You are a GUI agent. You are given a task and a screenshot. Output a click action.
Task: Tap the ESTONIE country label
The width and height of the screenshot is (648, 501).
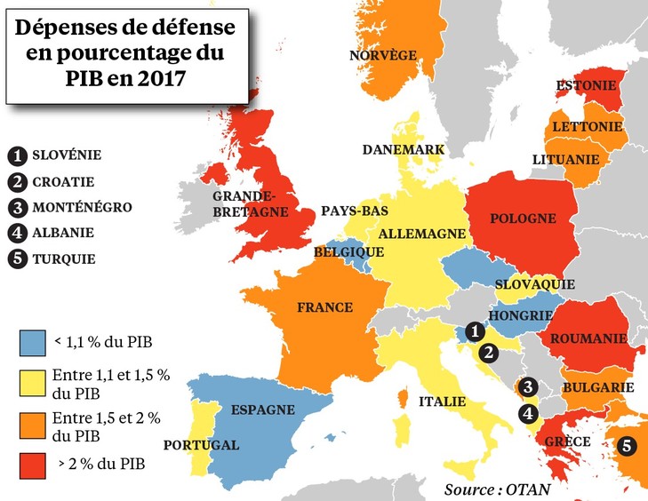(586, 85)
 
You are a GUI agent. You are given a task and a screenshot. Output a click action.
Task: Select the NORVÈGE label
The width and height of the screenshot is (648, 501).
(383, 55)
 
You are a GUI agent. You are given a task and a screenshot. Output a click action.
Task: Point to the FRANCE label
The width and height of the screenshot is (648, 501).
(324, 307)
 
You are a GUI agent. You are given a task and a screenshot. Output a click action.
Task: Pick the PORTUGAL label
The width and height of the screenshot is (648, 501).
(201, 445)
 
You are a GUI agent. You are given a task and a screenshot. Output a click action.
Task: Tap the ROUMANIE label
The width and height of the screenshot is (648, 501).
(587, 338)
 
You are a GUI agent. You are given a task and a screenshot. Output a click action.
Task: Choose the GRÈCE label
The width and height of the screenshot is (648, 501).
(571, 441)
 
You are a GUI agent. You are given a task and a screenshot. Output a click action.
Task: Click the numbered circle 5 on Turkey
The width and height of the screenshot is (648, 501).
(628, 447)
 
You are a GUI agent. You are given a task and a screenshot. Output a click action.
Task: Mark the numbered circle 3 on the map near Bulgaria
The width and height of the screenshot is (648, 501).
(528, 386)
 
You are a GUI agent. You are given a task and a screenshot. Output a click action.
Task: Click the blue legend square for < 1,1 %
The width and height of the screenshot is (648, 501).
(32, 340)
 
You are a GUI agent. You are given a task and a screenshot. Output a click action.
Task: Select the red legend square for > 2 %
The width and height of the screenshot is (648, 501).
(32, 464)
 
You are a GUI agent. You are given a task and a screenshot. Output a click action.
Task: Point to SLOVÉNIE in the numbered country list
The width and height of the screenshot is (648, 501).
(67, 155)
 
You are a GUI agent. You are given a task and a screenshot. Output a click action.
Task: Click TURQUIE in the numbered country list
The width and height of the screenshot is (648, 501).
(64, 260)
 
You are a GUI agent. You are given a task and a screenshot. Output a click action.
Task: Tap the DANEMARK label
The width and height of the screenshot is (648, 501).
(403, 150)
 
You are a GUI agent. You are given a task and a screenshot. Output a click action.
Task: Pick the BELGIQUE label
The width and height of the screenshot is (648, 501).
(342, 253)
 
